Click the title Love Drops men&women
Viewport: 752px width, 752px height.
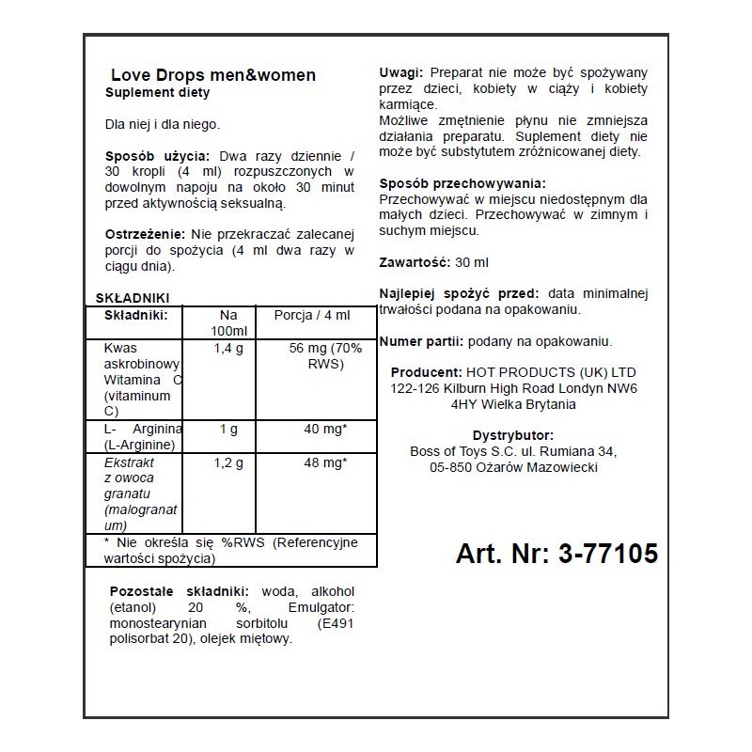click(x=213, y=75)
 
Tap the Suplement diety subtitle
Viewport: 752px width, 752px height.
click(x=157, y=93)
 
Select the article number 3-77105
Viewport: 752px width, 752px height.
click(x=556, y=554)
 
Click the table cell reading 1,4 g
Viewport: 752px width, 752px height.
click(x=228, y=349)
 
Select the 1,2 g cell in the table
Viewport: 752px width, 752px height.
click(x=228, y=462)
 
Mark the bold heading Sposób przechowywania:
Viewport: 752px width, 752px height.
click(x=462, y=183)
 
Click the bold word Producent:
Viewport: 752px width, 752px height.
click(x=425, y=371)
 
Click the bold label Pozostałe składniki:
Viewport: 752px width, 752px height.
click(x=180, y=589)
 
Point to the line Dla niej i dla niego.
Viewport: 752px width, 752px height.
click(x=163, y=124)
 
